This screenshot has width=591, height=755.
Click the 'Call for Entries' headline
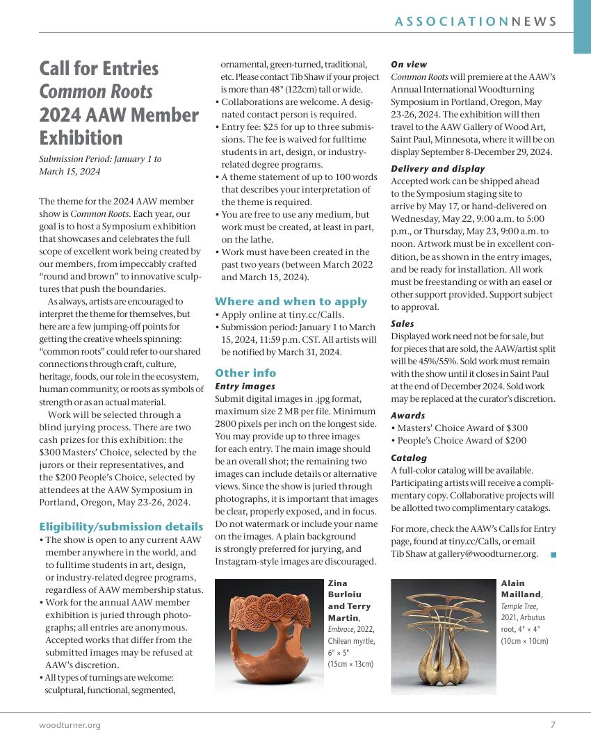(x=99, y=68)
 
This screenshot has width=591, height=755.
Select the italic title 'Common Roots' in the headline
(x=95, y=91)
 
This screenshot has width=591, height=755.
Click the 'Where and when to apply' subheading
(x=291, y=301)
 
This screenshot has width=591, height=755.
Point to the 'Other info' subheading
(x=245, y=373)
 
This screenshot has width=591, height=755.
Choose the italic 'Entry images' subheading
(x=245, y=386)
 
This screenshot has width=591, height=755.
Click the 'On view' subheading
(x=409, y=64)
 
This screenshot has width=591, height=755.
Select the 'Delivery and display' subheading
(x=437, y=168)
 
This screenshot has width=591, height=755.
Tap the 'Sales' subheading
(x=402, y=323)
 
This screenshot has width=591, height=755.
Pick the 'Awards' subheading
(x=407, y=415)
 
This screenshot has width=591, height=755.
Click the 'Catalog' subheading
(x=409, y=457)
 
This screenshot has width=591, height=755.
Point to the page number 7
(x=553, y=725)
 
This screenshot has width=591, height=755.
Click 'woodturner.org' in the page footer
(x=70, y=725)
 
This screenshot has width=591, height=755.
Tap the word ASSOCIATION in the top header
(x=451, y=22)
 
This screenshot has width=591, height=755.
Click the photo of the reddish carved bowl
(x=268, y=636)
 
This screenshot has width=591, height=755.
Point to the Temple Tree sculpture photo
(x=443, y=636)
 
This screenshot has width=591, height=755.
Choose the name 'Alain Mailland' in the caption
(x=521, y=588)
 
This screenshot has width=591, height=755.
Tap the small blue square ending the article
(x=553, y=554)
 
